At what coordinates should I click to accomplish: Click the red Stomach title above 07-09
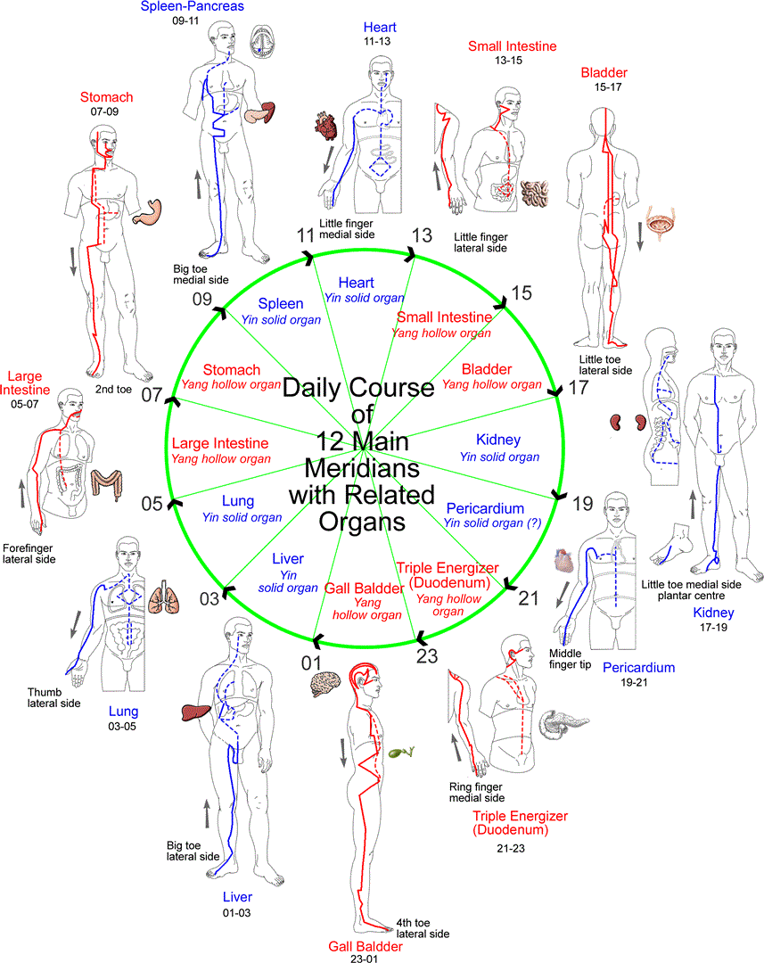click(x=106, y=97)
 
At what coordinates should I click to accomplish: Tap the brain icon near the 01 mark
click(x=325, y=683)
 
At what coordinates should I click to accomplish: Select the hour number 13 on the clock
click(x=422, y=235)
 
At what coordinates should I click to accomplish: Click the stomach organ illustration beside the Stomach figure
click(x=148, y=211)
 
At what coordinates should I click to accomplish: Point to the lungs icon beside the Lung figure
click(x=164, y=597)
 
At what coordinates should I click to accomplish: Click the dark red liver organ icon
click(x=196, y=712)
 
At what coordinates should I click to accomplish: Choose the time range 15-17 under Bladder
click(x=607, y=87)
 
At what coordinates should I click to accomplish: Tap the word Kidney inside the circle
click(x=498, y=440)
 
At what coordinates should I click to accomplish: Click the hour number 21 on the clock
click(x=528, y=598)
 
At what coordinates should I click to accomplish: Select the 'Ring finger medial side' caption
click(x=477, y=793)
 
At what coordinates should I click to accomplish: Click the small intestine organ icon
click(x=534, y=193)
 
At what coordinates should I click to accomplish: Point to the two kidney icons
click(x=628, y=422)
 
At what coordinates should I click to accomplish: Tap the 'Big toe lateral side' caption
click(x=193, y=851)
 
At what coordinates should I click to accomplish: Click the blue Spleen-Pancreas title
click(x=193, y=6)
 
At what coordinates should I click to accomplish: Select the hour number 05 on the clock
click(x=152, y=504)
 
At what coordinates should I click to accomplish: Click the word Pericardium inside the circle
click(x=485, y=508)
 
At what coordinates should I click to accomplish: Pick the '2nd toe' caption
click(x=113, y=390)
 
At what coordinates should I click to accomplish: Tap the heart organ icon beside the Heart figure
click(x=325, y=126)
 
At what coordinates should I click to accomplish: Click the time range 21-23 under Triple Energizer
click(x=511, y=848)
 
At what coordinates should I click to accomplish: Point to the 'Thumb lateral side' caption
click(x=53, y=697)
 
